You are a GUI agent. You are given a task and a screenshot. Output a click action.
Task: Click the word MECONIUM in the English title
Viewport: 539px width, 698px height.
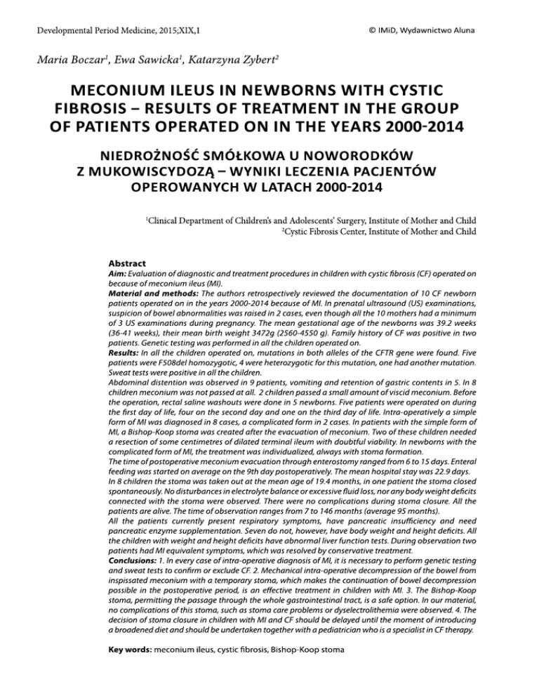point(113,96)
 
